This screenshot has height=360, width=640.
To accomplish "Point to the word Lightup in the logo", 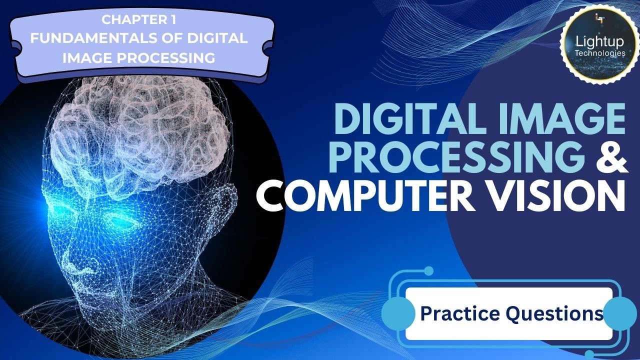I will tap(599, 41).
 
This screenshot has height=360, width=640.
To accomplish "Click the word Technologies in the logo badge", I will tap(599, 52).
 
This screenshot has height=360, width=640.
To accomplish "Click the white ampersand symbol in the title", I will tap(610, 157).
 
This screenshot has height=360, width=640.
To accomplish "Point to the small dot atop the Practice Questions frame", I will tap(428, 270).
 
